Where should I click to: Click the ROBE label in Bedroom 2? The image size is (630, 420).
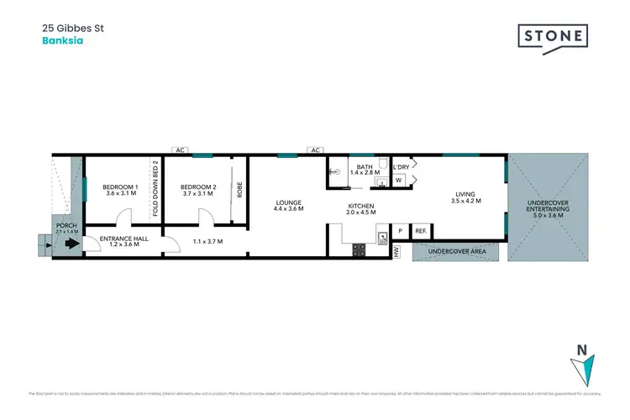point(239,189)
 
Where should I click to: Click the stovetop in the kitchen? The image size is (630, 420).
point(360,249)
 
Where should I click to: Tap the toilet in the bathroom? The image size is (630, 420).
point(382,164)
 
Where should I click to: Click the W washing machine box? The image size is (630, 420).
point(400,179)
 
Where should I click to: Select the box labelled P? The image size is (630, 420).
point(401,230)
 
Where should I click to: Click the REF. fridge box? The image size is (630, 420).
point(421,230)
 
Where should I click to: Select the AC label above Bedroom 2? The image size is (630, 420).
point(180,150)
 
